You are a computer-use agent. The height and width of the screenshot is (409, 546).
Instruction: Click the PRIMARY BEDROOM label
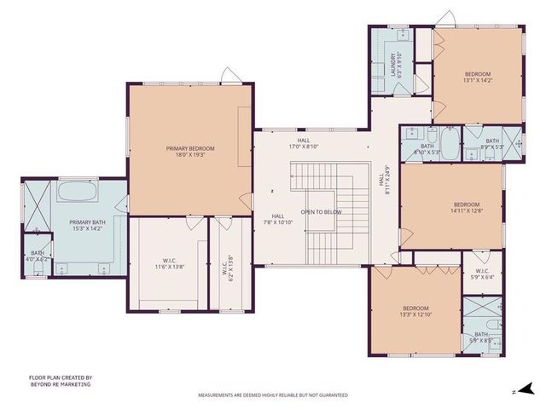pos(190,151)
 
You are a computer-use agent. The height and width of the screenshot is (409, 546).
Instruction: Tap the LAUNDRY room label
pos(396,66)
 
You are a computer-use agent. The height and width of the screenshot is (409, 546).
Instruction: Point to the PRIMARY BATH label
pos(86,225)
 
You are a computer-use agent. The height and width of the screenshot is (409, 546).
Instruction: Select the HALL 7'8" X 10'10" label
pos(277,220)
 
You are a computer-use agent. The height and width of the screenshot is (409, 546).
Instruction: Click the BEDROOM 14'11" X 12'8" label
pos(467,207)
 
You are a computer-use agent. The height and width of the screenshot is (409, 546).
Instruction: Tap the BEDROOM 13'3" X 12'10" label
pos(415,311)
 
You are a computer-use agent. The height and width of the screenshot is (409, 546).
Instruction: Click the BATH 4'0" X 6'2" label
pos(38,255)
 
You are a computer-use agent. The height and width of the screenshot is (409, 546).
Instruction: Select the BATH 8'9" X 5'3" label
pos(493,144)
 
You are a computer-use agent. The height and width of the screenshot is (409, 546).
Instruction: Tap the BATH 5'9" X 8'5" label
pos(482,337)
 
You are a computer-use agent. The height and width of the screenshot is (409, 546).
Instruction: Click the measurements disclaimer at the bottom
pos(273,395)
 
